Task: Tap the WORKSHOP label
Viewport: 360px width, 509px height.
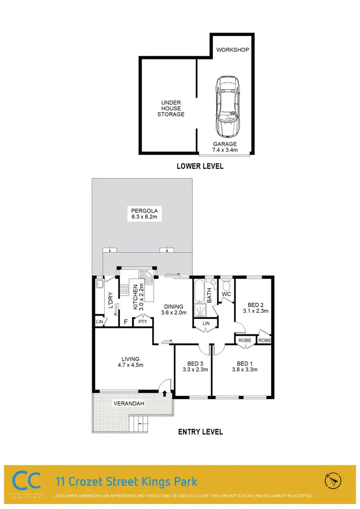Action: coord(232,50)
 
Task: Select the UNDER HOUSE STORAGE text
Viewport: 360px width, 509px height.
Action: coord(172,108)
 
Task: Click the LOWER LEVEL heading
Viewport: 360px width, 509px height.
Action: coord(199,167)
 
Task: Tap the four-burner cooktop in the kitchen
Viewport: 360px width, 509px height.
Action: coord(124,289)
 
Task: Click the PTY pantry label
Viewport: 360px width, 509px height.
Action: coord(143,322)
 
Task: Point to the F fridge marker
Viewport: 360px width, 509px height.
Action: coord(126,322)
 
